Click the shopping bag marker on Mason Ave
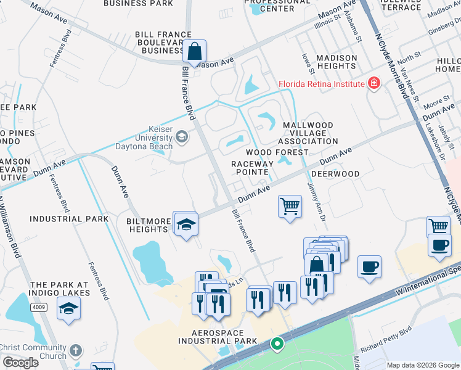[x=194, y=52]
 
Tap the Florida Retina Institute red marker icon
[x=373, y=83]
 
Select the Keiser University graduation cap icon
[x=182, y=136]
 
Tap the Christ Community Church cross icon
[x=75, y=350]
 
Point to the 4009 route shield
[x=38, y=306]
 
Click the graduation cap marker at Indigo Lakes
[x=68, y=308]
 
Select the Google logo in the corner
[x=20, y=363]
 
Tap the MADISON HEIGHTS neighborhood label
[x=336, y=62]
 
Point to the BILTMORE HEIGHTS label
[x=149, y=225]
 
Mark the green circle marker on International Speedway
[x=277, y=343]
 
